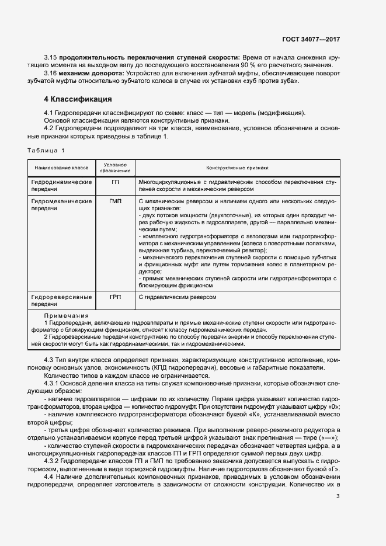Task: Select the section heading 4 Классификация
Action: [x=79, y=99]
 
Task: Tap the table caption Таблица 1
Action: [x=46, y=151]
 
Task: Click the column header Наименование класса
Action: [x=61, y=168]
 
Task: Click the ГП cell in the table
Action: [x=115, y=182]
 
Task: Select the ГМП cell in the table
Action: [x=115, y=201]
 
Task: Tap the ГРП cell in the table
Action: [x=115, y=297]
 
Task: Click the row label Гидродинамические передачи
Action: [x=61, y=186]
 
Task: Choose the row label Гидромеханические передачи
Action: [x=61, y=204]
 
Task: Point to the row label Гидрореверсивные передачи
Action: [x=61, y=301]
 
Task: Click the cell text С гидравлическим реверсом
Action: [x=178, y=297]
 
